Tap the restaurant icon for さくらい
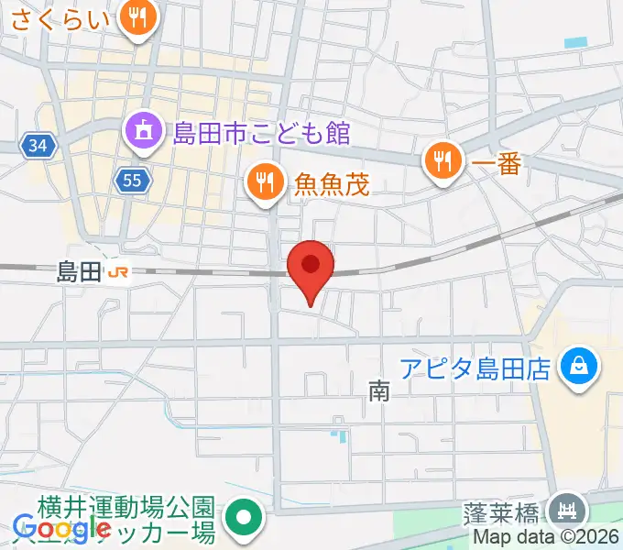pos(137,18)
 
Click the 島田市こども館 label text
pos(261,132)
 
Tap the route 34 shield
pos(38,145)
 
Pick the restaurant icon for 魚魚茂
pos(265,182)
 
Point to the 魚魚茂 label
pos(332,184)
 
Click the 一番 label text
pos(496,163)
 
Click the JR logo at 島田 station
pos(118,271)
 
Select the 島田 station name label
pos(78,271)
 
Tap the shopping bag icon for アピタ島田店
pos(579,368)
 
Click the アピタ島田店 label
pos(475,368)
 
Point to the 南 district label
pos(379,392)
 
